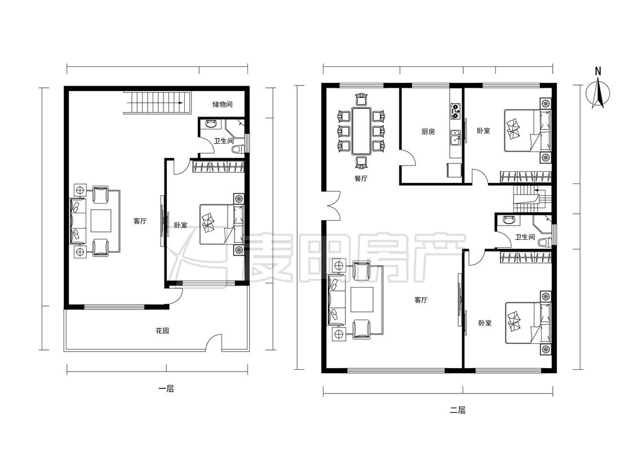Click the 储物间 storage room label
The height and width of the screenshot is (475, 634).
[223, 105]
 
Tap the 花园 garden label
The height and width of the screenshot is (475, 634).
[162, 331]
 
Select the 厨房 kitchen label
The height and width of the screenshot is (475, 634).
[428, 132]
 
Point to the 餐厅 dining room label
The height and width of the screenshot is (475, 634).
[361, 178]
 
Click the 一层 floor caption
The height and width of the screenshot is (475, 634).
[166, 389]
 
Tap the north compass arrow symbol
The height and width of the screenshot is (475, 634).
[598, 93]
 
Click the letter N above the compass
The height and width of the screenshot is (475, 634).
[598, 71]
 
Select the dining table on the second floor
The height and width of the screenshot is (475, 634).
[361, 131]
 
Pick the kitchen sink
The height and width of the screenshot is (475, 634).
[456, 138]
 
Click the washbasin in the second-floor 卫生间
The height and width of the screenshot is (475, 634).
[507, 219]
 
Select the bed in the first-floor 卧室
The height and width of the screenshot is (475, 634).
[222, 224]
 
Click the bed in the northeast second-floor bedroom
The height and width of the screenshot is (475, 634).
[527, 130]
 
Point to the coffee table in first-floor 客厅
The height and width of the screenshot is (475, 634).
[100, 221]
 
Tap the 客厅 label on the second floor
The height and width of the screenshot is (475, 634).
[420, 300]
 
